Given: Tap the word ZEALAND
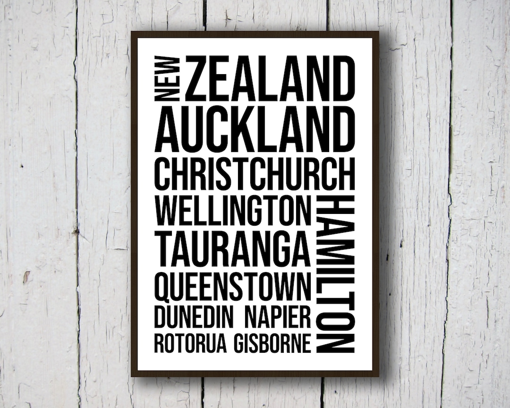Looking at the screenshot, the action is click(270, 78).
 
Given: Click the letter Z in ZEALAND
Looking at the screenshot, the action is click(197, 78).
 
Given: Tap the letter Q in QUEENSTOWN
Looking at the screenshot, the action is click(163, 287).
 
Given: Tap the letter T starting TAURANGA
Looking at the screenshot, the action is click(166, 251).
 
